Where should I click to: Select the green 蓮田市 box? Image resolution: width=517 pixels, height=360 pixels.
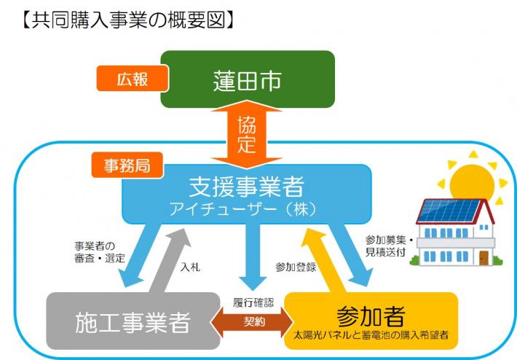248,79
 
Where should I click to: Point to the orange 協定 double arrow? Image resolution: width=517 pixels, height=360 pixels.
247,135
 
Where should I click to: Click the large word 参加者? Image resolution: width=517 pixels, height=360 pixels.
371,315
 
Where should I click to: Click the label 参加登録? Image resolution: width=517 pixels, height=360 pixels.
296,267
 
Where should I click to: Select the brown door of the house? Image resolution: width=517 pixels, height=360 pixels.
484,257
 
